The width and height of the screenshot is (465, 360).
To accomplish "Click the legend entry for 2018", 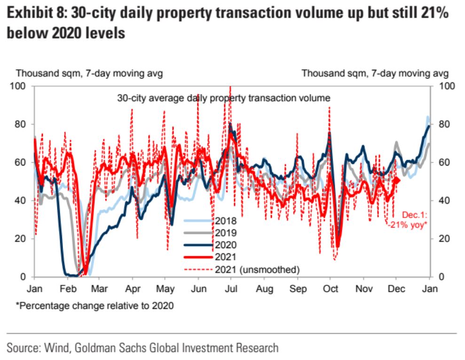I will [225, 220].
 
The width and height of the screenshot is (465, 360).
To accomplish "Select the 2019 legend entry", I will [225, 232].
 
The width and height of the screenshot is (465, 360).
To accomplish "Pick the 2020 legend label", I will [225, 244].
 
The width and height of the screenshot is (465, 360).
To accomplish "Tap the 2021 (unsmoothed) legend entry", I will [256, 269].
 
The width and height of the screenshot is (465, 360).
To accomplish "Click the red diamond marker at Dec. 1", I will [396, 180].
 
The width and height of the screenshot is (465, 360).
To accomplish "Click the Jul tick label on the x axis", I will [232, 289].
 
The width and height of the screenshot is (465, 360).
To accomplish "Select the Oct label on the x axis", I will [331, 289].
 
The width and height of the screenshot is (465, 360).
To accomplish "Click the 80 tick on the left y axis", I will [21, 125].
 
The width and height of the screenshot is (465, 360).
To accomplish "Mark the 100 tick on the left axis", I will [19, 86].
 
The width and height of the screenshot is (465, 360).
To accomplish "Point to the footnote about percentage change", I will [95, 306].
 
